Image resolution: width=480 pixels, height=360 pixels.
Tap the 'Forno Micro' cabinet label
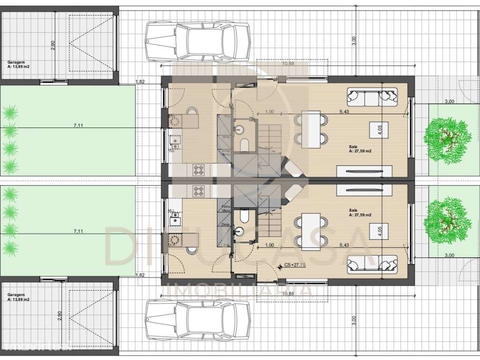pyautogui.click(x=225, y=209)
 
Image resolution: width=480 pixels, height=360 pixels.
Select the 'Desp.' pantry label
pyautogui.click(x=225, y=224)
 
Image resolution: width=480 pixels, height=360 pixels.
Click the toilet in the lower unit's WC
pyautogui.click(x=244, y=216)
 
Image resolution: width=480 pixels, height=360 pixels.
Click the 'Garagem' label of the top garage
pyautogui.click(x=16, y=62)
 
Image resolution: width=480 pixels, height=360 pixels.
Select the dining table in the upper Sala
pyautogui.click(x=310, y=127)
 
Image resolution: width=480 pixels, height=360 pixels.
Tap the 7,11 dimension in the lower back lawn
pyautogui.click(x=78, y=231)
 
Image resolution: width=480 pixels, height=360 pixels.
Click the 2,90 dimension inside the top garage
pyautogui.click(x=53, y=45)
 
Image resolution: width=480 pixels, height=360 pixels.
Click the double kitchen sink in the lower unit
pyautogui.click(x=175, y=217)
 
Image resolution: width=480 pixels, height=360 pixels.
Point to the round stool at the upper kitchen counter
pyautogui.click(x=192, y=111)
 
